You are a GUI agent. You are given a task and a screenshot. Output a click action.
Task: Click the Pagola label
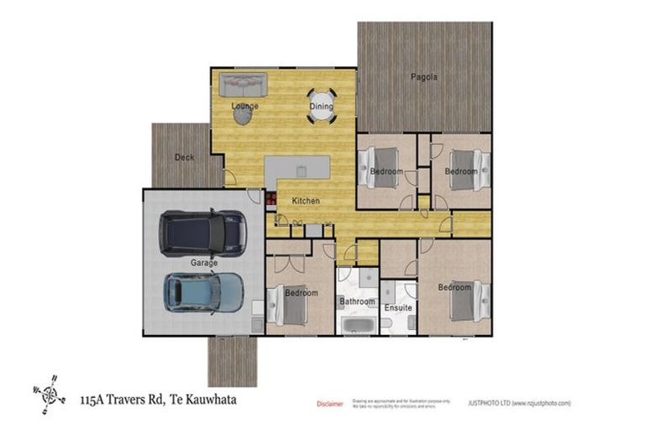(424, 77)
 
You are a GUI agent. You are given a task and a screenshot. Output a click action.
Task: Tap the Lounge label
(245, 107)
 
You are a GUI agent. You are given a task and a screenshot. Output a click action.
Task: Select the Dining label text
(321, 107)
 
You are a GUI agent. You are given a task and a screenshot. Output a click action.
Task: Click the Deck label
(184, 157)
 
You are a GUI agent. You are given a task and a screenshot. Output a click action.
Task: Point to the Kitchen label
(306, 202)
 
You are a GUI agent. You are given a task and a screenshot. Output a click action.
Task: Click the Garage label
(203, 263)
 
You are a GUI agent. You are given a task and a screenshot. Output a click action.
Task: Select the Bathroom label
(357, 302)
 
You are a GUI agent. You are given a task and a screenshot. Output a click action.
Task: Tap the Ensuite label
(398, 308)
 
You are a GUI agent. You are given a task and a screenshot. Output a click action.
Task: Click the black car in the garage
(203, 233)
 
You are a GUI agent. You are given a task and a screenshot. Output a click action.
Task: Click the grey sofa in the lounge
(243, 85)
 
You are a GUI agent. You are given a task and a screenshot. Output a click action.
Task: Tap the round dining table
(321, 106)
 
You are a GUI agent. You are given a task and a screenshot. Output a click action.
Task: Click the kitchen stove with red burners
(271, 199)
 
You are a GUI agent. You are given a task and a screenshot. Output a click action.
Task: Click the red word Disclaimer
(329, 404)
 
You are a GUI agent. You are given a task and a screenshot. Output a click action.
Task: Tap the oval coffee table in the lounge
(242, 117)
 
